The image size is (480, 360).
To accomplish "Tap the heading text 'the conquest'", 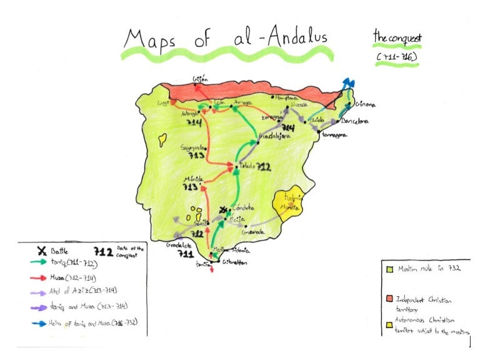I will point(397,37).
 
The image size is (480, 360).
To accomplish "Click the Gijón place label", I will point(199,80).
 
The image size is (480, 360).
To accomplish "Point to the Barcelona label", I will point(355,121).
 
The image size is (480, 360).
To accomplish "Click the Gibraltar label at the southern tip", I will point(234,263).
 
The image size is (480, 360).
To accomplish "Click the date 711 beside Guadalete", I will point(185,254).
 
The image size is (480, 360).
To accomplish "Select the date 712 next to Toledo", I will point(263,167).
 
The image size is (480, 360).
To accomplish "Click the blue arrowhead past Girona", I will point(347,83).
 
